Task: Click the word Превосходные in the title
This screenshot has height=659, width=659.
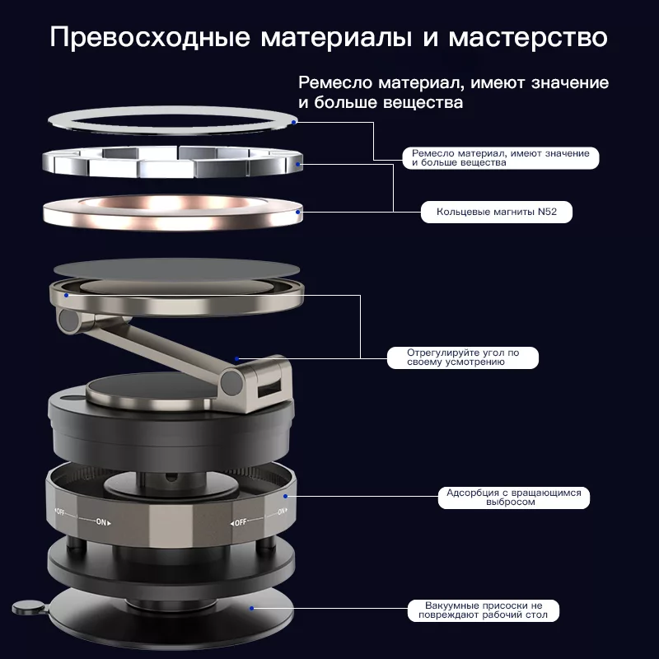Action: [150, 37]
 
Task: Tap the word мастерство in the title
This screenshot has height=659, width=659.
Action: [528, 37]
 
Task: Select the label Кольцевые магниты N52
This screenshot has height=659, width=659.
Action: [497, 212]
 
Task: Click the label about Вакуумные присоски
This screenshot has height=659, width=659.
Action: [484, 610]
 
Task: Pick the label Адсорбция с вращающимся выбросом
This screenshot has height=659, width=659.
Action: [513, 498]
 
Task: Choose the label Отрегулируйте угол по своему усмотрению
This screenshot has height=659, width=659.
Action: [463, 358]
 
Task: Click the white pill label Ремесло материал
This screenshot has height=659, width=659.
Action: [501, 158]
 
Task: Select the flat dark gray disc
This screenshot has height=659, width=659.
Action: [176, 269]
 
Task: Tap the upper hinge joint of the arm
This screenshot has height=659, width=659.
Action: [70, 321]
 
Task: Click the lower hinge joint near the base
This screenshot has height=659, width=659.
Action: [232, 381]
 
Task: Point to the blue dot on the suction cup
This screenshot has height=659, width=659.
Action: [251, 608]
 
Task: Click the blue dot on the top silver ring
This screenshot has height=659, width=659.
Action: [295, 122]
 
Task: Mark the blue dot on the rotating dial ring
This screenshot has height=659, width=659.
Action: [285, 497]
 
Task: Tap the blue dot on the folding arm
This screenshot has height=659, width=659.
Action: [237, 359]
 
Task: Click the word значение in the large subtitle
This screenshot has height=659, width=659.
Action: [570, 83]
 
